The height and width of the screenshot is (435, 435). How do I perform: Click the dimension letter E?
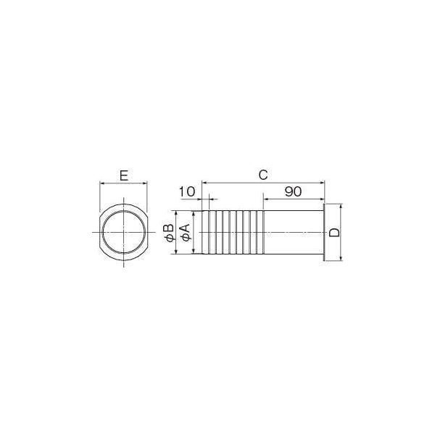124,175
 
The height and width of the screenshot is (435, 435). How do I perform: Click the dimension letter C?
263,175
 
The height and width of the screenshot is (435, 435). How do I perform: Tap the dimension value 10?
187,191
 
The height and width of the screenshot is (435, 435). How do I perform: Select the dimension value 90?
293,191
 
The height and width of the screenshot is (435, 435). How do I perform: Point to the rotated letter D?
334,233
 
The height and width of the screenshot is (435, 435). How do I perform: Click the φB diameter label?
169,233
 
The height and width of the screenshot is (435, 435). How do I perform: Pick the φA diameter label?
185,233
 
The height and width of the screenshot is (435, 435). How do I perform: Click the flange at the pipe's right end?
325,232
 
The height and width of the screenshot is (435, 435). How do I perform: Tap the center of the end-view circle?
124,232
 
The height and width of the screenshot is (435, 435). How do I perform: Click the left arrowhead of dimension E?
101,183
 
